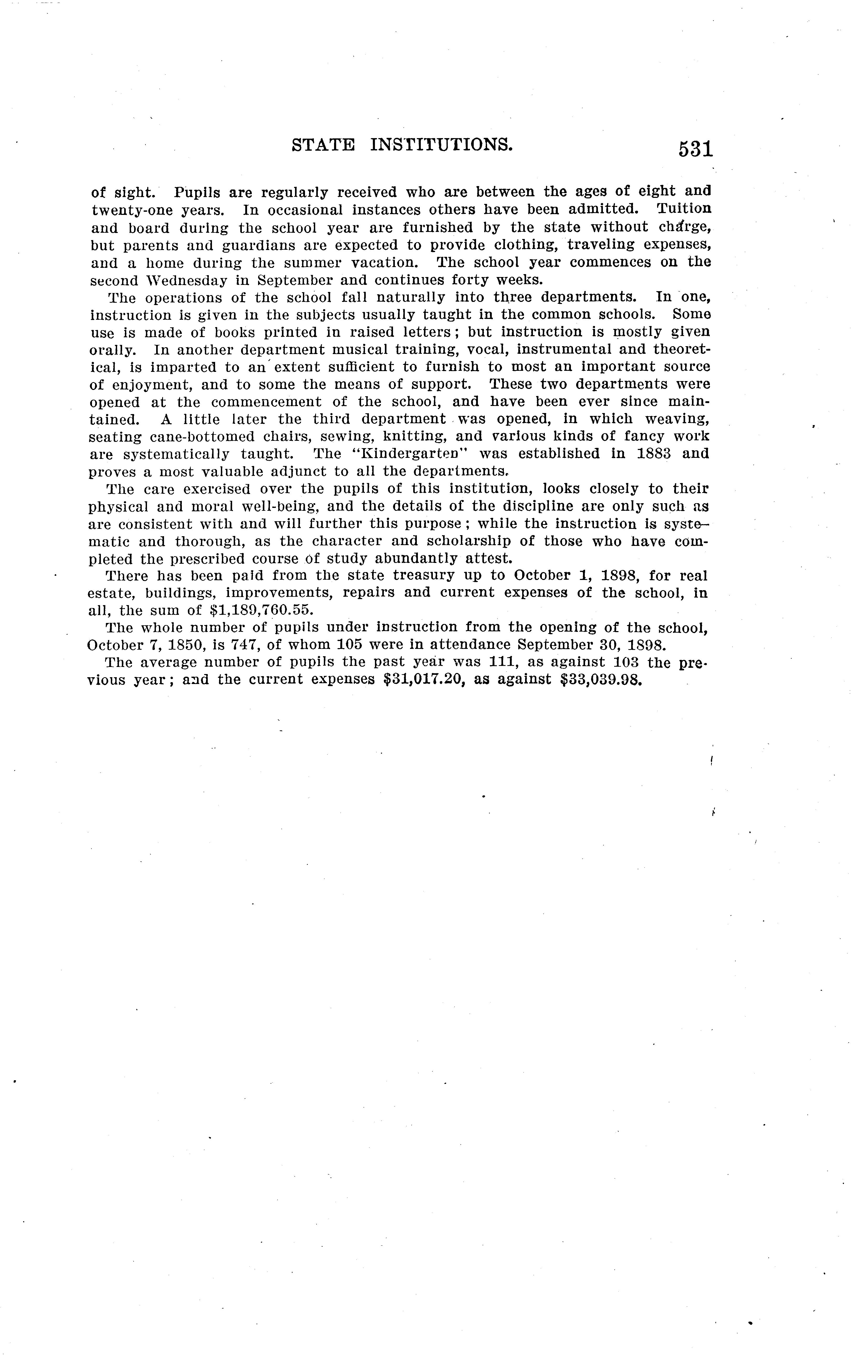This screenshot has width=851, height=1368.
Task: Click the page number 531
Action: [x=696, y=149]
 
